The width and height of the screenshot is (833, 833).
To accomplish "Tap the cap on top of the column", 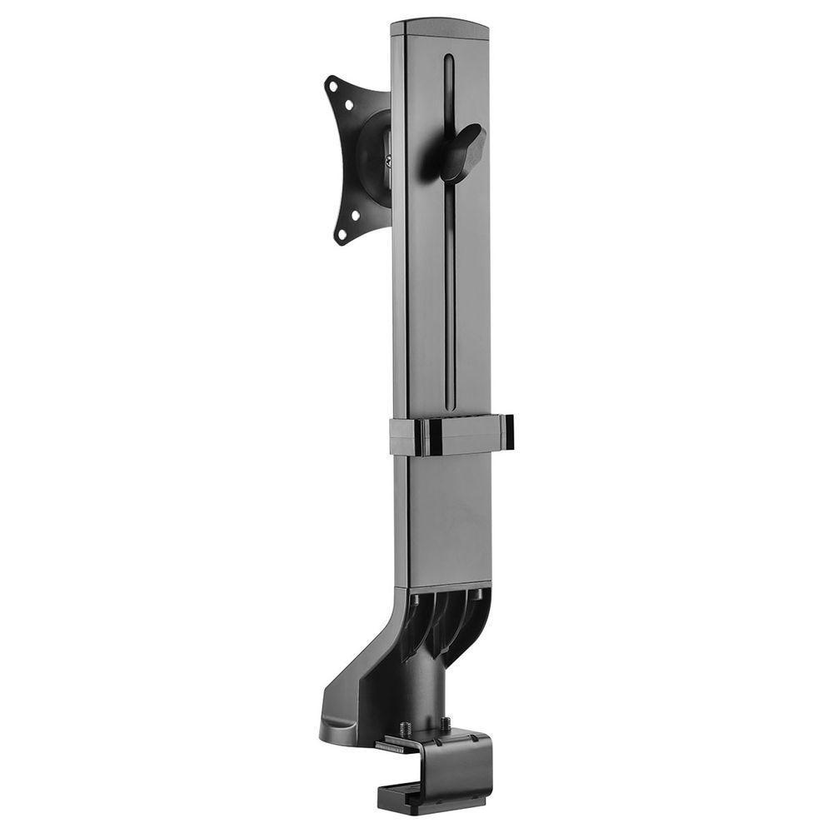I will tap(440, 29).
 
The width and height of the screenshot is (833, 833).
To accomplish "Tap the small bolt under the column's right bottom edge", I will tap(480, 594).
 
